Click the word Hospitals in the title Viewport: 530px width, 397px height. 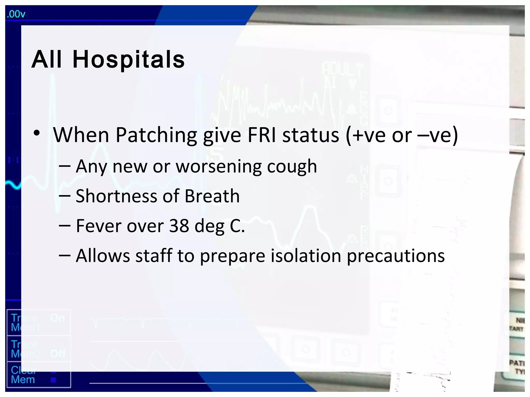tap(129, 60)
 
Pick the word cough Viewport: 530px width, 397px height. tap(292, 167)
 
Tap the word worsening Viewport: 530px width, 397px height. tap(218, 167)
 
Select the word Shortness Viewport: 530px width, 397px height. tap(116, 196)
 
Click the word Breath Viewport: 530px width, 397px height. tap(212, 196)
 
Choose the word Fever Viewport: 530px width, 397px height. tap(98, 226)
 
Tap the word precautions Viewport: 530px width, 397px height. tap(396, 256)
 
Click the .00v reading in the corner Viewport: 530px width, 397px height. tap(16, 14)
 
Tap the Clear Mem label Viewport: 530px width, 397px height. tap(23, 375)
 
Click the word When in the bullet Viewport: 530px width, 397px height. tap(81, 135)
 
